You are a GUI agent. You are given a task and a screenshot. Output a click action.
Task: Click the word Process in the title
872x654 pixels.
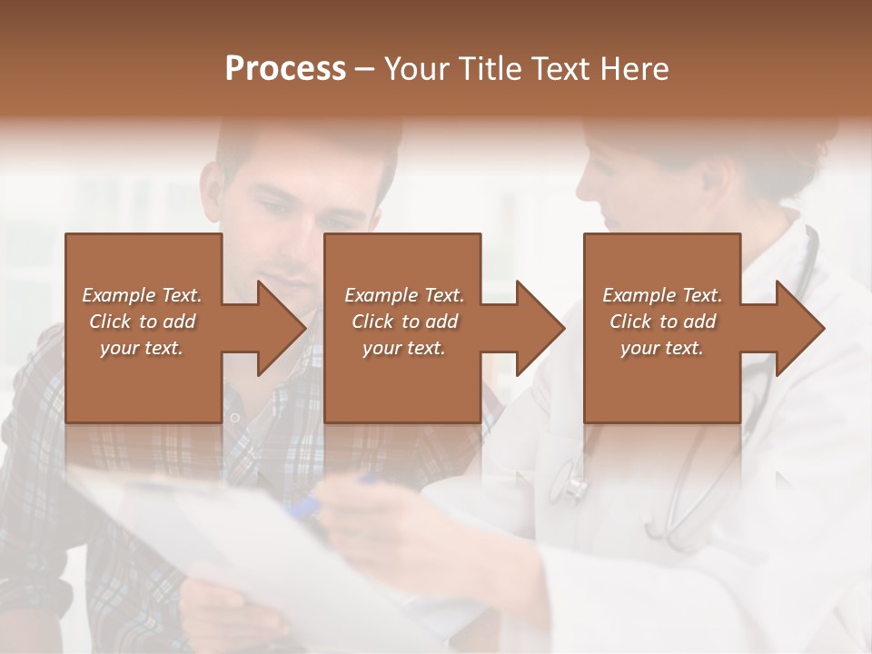click(x=285, y=68)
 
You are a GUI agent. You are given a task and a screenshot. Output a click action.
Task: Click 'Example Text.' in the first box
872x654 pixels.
click(x=142, y=295)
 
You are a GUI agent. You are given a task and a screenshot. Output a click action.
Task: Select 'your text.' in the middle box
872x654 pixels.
click(x=403, y=348)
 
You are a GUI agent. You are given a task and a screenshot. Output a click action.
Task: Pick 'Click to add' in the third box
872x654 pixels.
click(x=662, y=322)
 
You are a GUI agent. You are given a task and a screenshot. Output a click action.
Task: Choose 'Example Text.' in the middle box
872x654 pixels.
click(x=403, y=295)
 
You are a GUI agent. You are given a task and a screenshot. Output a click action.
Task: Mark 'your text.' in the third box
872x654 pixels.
click(x=662, y=348)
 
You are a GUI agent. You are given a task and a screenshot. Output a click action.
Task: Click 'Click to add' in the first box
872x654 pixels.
click(x=142, y=322)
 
